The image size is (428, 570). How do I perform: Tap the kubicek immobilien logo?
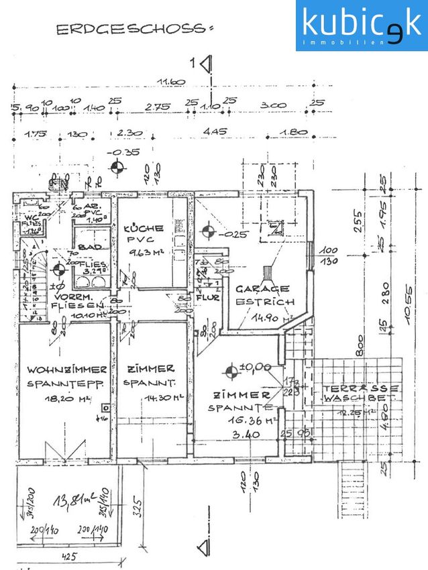click(361, 25)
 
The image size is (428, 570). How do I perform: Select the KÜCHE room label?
click(144, 228)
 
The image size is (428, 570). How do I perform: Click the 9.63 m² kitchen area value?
click(147, 253)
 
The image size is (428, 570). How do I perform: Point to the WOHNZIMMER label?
click(66, 369)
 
